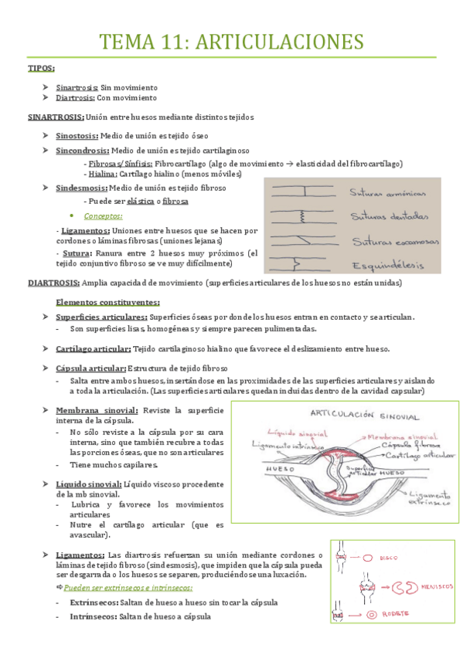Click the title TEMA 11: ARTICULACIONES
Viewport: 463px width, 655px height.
tap(232, 41)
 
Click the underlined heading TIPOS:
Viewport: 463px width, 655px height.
tap(41, 69)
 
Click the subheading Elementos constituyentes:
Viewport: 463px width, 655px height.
tap(108, 302)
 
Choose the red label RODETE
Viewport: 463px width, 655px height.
tap(403, 615)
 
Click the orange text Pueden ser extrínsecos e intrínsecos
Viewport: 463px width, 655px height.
tap(132, 587)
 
